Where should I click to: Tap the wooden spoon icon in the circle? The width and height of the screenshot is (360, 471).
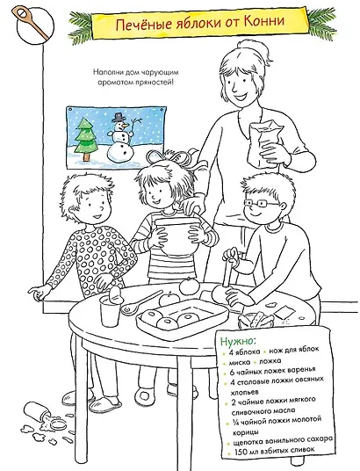tap(30, 24)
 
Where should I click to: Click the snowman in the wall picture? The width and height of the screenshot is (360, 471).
tap(121, 137)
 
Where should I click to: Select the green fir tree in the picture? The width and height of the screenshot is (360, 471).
tap(86, 139)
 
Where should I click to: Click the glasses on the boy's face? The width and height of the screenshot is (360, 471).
tap(262, 204)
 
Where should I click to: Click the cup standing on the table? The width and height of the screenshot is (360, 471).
tap(110, 313)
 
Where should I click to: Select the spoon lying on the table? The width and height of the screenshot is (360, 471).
tap(141, 303)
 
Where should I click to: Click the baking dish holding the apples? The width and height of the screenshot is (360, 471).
tap(183, 320)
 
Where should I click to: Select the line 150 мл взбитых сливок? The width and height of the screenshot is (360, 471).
tap(275, 451)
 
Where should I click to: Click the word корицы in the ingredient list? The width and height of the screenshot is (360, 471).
tap(245, 432)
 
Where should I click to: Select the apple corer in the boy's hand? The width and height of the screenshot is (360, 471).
tap(229, 269)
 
